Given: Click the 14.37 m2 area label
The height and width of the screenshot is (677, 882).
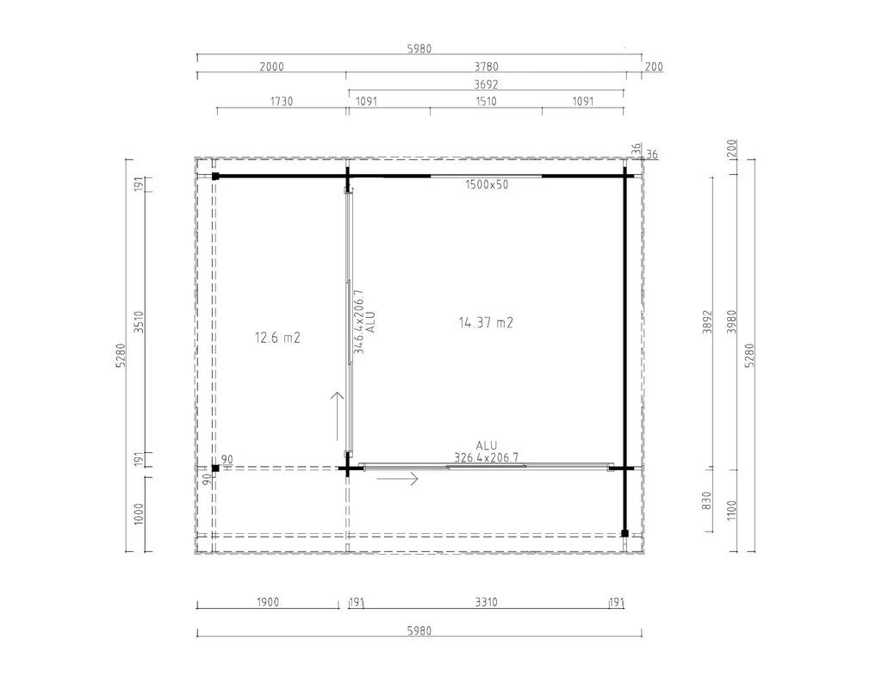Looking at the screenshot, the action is (486, 323).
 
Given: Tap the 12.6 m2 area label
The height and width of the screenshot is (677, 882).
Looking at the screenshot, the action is (277, 338).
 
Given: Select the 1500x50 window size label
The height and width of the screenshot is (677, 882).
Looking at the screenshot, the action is (487, 184).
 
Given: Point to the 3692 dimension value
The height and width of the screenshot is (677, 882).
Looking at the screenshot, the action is (486, 84).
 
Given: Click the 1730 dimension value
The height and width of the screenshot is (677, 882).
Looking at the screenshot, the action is (282, 102).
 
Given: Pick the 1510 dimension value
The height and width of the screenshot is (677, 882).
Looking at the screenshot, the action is (486, 102).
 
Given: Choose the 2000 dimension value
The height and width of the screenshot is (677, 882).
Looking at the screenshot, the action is (271, 67).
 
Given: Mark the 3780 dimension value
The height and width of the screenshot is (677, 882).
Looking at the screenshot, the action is (486, 67).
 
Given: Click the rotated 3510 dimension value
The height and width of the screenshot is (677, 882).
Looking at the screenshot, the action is (140, 322).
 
